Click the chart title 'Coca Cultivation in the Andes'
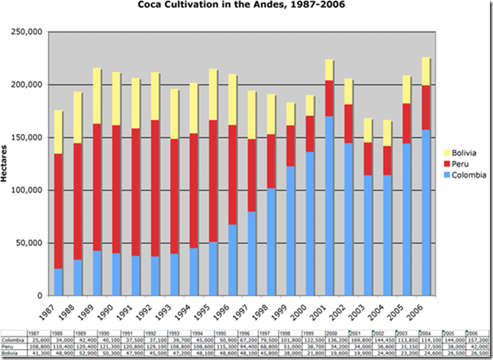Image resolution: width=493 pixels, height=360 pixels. (246, 7)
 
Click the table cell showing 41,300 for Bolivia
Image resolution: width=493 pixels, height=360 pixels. (37, 353)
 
